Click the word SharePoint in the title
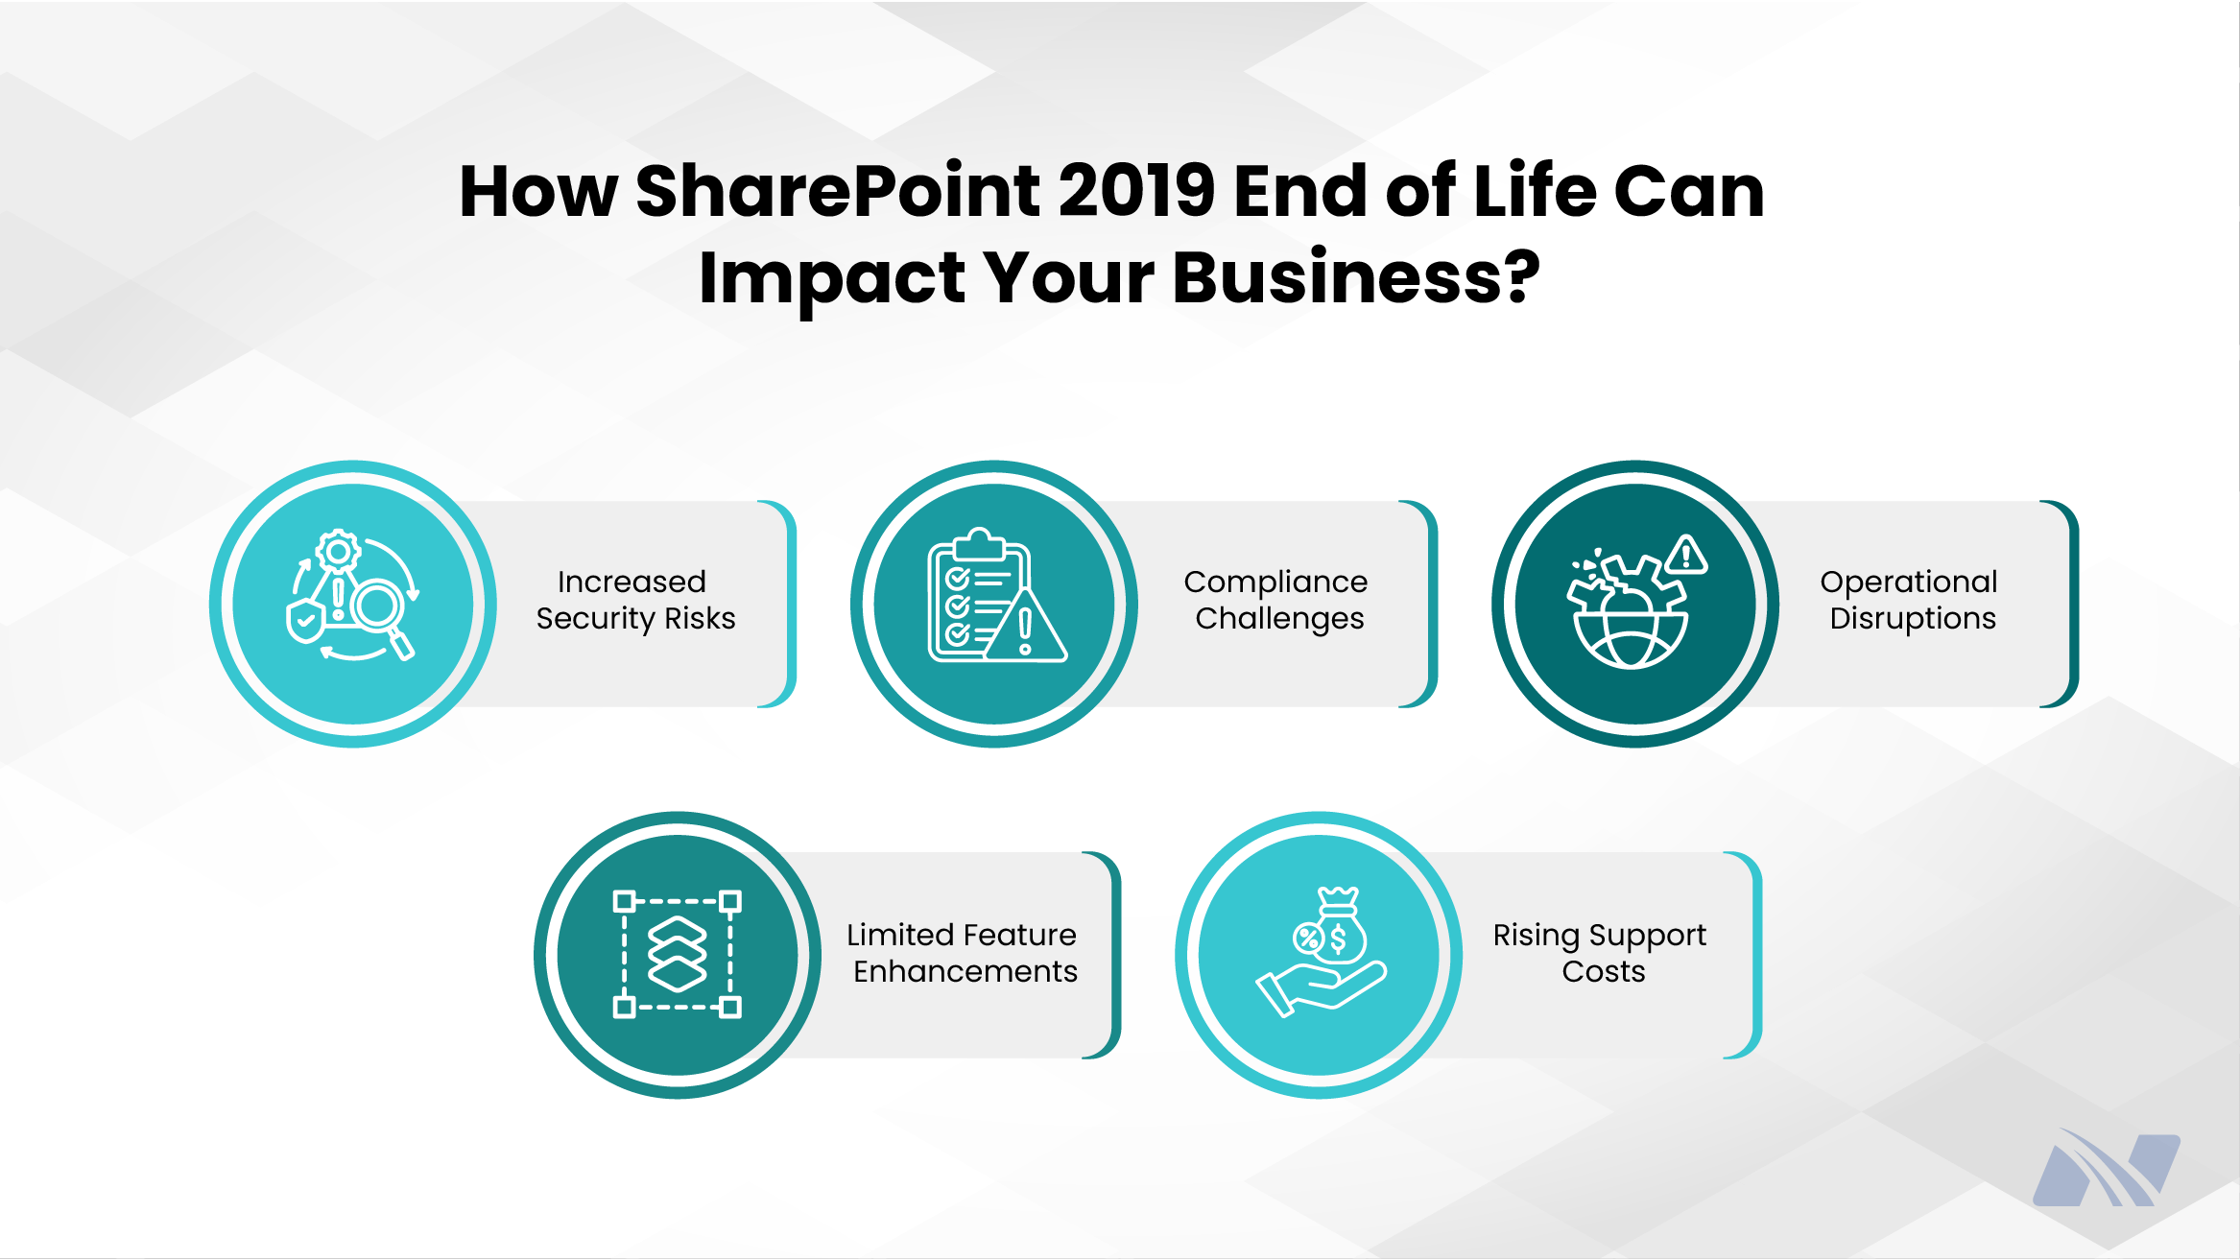point(837,191)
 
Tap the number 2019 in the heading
point(1138,191)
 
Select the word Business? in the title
point(1356,277)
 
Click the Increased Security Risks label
point(635,600)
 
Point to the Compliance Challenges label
point(1276,600)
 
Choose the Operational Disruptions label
point(1910,600)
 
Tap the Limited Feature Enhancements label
point(963,952)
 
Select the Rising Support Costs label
point(1601,952)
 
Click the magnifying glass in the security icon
point(382,615)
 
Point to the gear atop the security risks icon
point(338,552)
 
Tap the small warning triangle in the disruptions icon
point(1686,555)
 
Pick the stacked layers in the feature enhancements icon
point(678,954)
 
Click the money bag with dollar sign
point(1340,926)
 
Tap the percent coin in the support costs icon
point(1308,938)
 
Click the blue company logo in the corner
point(2107,1168)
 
